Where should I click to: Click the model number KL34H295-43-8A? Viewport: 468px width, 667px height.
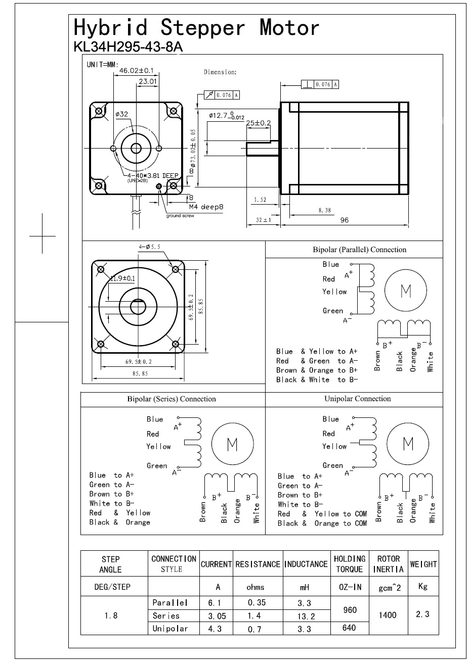point(128,47)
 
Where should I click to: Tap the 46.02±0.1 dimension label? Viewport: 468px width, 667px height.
point(136,71)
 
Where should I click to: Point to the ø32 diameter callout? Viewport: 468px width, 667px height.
point(121,114)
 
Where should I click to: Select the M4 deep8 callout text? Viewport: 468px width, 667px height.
point(206,207)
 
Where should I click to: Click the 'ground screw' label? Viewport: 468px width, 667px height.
point(180,216)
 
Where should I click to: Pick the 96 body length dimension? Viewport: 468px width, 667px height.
point(344,220)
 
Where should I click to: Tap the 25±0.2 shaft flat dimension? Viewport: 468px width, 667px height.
point(258,123)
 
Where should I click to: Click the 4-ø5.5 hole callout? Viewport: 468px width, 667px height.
point(149,247)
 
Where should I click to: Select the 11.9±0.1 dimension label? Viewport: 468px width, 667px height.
point(122,278)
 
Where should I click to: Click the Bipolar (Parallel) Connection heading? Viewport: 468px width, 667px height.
point(359,250)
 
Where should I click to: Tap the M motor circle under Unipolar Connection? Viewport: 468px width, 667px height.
point(407,444)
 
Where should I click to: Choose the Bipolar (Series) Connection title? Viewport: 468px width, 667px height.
point(172,399)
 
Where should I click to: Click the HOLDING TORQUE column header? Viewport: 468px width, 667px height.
point(350,564)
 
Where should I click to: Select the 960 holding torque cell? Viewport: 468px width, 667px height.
point(350,610)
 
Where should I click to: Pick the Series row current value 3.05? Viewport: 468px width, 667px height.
point(217,616)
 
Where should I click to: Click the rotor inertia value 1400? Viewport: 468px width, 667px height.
point(388,615)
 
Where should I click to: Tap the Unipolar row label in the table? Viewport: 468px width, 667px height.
point(170,629)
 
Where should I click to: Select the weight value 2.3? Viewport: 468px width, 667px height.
point(422,614)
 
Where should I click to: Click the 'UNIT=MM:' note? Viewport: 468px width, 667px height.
point(103,65)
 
